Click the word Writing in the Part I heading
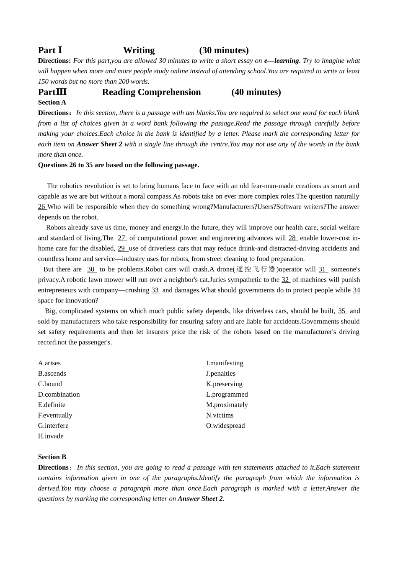coord(139,50)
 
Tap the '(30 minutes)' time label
coord(224,50)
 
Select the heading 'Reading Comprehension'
coord(151,92)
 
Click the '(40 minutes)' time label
coord(256,92)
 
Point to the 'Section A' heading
coord(52,102)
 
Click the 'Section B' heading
coord(52,457)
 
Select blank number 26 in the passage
coord(42,207)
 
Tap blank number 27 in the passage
coord(122,238)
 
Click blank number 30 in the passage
coord(91,269)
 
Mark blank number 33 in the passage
coord(155,290)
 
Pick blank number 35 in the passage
coord(342,311)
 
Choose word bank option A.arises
coord(49,363)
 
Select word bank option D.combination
coord(59,394)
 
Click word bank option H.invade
coord(51,436)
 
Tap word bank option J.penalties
coord(221,373)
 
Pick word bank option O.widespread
coord(225,426)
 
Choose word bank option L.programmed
coord(227,394)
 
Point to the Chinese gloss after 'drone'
coord(256,269)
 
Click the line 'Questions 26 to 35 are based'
coord(119,165)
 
